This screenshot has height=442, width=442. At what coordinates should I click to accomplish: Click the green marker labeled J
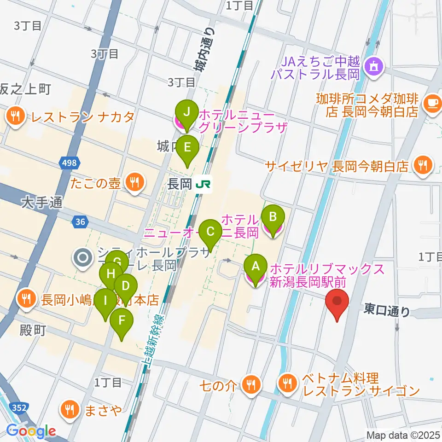click(186, 112)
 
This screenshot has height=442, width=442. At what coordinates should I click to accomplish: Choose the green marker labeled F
click(122, 321)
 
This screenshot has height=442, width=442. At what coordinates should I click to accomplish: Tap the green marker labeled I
click(106, 302)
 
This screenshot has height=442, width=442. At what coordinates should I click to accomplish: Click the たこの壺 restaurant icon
click(134, 184)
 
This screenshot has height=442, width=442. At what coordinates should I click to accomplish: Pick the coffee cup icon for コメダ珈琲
click(433, 101)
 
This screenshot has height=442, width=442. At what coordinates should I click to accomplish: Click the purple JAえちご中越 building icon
click(373, 67)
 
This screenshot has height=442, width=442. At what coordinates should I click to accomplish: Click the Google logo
click(31, 431)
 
